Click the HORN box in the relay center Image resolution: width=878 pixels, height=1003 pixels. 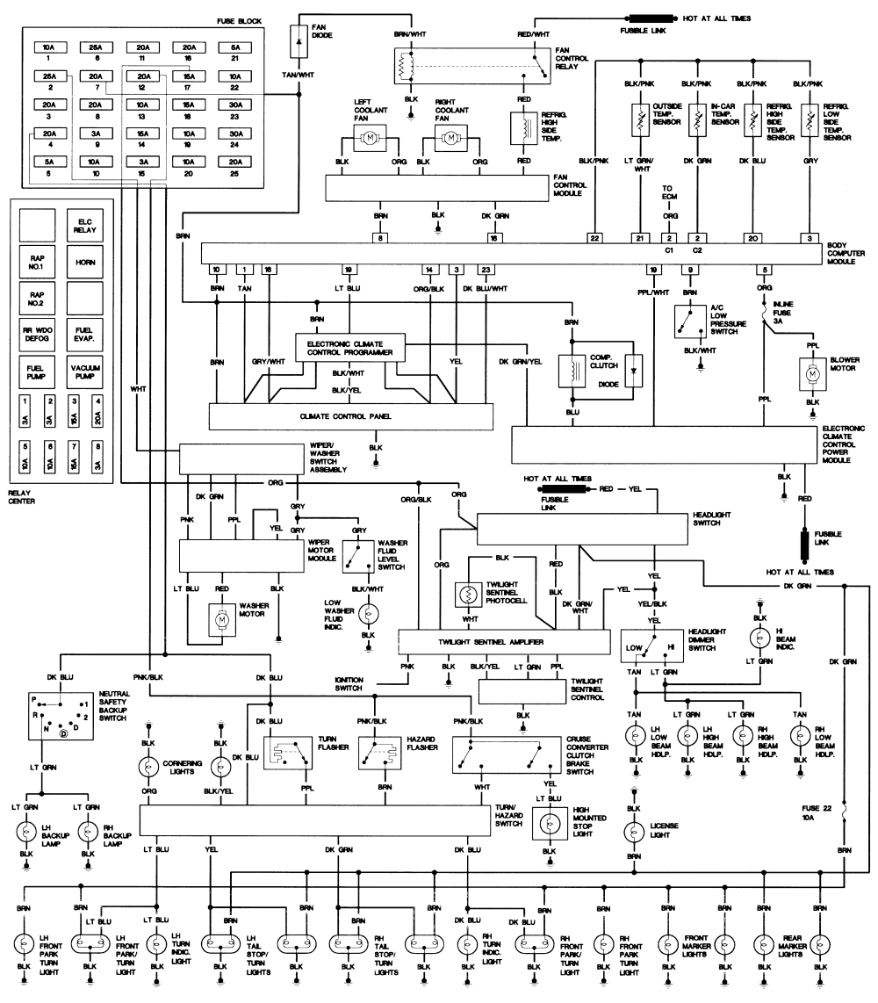[86, 261]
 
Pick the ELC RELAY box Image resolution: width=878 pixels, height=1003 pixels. [86, 224]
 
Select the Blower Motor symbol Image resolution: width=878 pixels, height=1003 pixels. [812, 374]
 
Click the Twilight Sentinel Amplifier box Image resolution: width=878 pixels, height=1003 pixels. [503, 642]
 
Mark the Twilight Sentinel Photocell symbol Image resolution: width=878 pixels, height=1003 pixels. [466, 595]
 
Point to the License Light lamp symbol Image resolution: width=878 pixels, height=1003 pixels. [631, 831]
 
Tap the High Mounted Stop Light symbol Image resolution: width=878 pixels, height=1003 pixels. [550, 824]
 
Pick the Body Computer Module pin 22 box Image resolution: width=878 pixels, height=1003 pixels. [594, 237]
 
